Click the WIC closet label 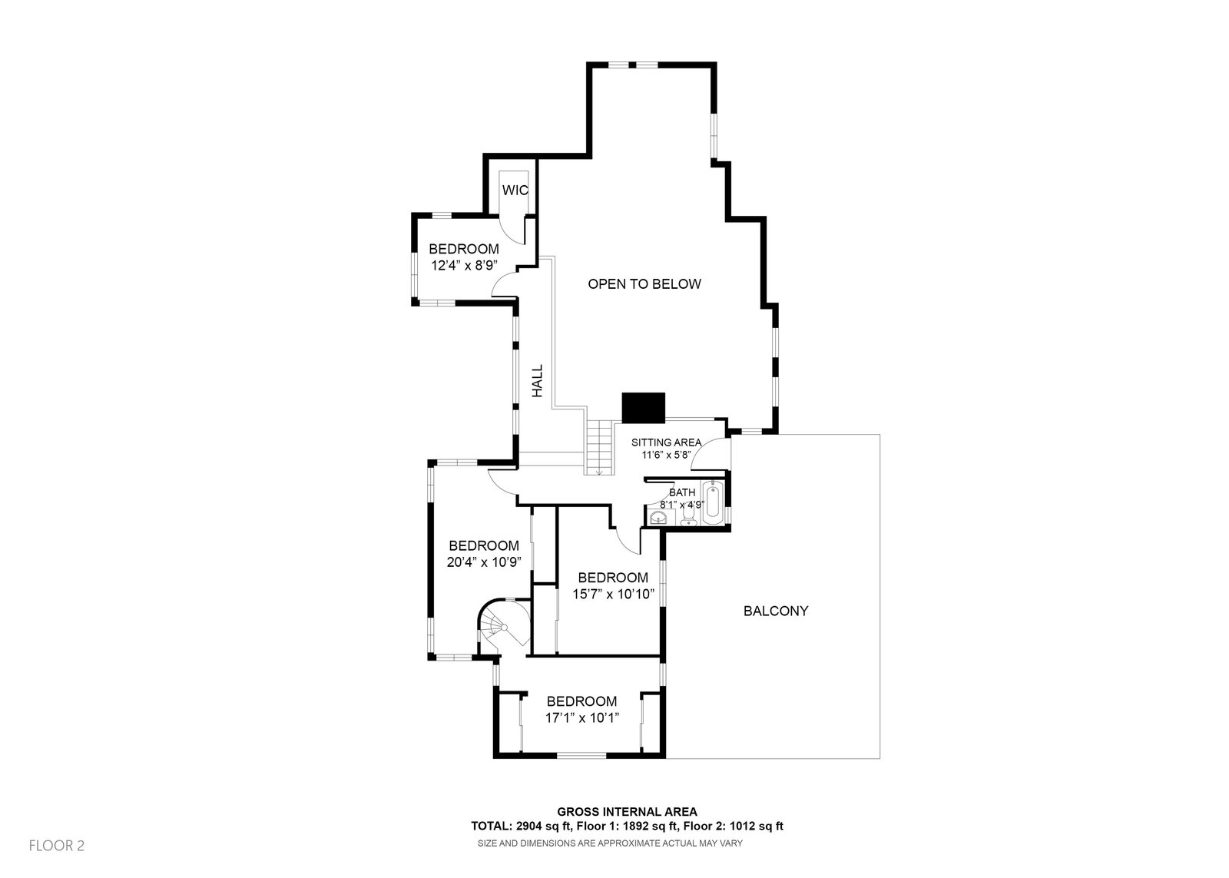pyautogui.click(x=515, y=190)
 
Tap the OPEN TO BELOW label pyautogui.click(x=644, y=284)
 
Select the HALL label pyautogui.click(x=538, y=381)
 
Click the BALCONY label pyautogui.click(x=776, y=611)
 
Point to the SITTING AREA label pyautogui.click(x=666, y=442)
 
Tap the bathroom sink pyautogui.click(x=658, y=519)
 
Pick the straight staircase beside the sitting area pyautogui.click(x=599, y=448)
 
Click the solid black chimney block pyautogui.click(x=643, y=408)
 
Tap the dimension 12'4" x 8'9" pyautogui.click(x=463, y=266)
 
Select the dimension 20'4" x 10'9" pyautogui.click(x=483, y=562)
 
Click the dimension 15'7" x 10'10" pyautogui.click(x=612, y=593)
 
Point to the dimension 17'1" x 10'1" pyautogui.click(x=581, y=717)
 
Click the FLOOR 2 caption pyautogui.click(x=56, y=846)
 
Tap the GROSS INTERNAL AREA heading pyautogui.click(x=627, y=811)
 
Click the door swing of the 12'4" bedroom pyautogui.click(x=503, y=286)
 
